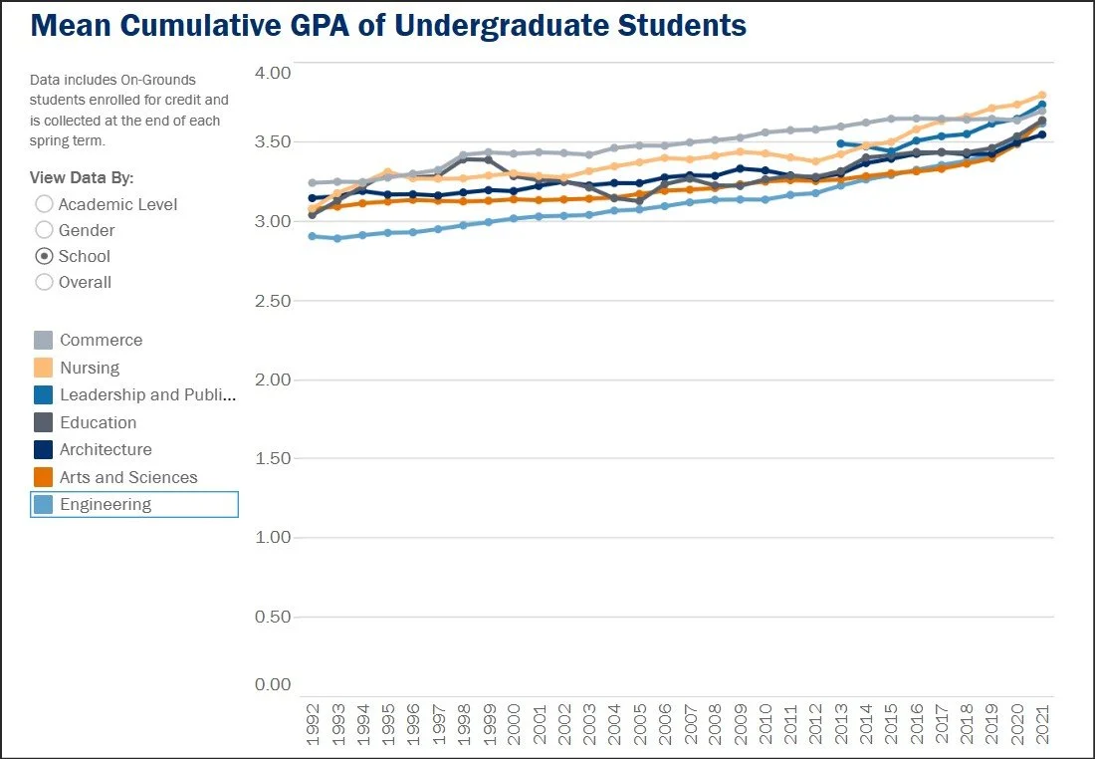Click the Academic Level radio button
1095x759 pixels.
point(44,204)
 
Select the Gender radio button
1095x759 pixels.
point(44,230)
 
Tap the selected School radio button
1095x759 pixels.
point(44,256)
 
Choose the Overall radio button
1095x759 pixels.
point(44,282)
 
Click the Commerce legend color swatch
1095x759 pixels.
point(43,341)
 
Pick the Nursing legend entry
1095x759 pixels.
point(77,368)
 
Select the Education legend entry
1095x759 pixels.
point(86,422)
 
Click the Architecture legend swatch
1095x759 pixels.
point(43,449)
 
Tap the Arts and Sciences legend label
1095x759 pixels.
point(128,477)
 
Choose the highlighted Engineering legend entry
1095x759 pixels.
point(134,505)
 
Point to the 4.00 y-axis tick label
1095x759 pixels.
point(273,73)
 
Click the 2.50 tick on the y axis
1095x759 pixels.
point(273,301)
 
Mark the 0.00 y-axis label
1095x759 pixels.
point(273,684)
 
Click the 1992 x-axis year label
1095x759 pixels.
point(313,724)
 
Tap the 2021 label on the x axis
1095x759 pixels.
point(1042,724)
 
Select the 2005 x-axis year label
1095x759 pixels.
point(640,724)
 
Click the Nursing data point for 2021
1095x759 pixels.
point(1042,95)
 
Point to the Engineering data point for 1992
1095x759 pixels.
point(313,236)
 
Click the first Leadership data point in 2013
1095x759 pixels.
point(841,143)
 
